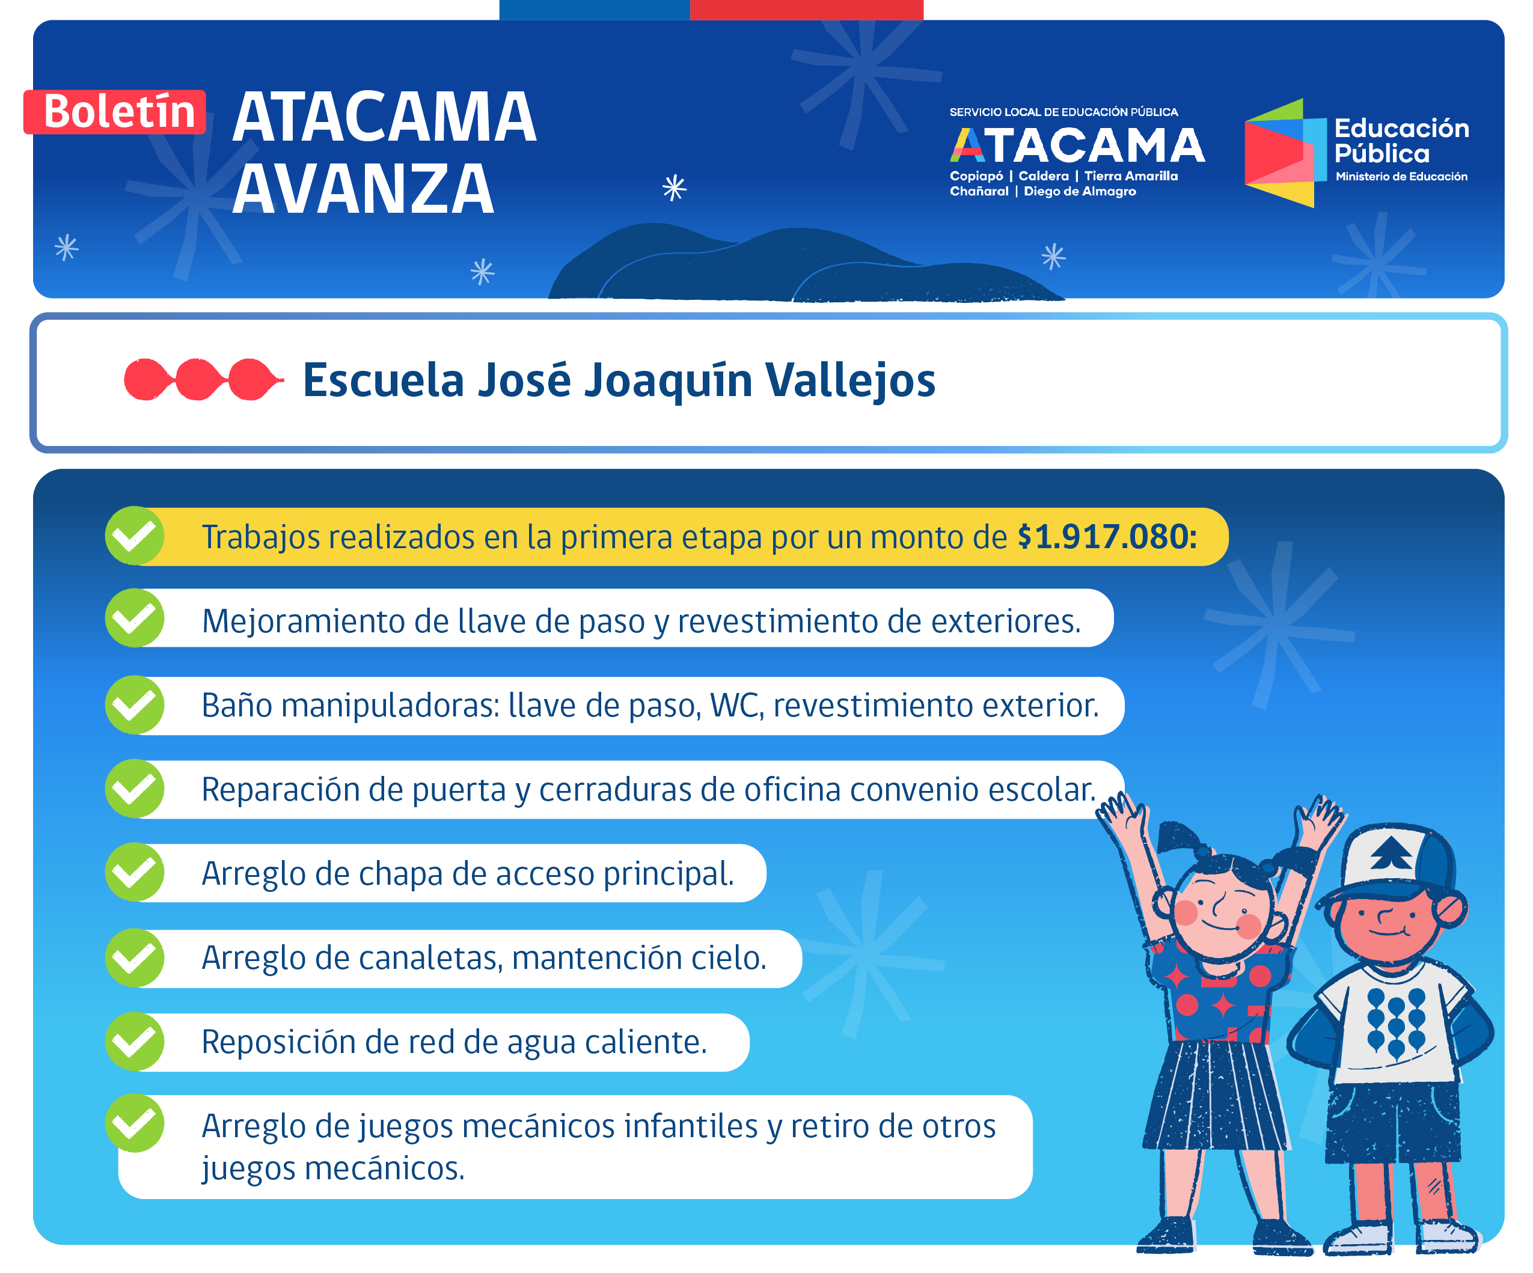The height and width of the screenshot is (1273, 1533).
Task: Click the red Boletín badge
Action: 115,112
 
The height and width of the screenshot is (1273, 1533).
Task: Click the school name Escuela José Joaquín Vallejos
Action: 619,380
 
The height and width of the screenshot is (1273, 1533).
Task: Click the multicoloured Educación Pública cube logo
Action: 1285,153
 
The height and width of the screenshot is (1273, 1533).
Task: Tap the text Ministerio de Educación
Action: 1401,177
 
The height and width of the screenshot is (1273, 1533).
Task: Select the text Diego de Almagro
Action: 1080,191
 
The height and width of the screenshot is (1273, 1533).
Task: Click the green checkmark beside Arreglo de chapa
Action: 134,872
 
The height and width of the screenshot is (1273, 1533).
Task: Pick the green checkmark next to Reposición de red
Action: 134,1042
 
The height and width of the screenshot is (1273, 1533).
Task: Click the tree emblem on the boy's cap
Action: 1391,851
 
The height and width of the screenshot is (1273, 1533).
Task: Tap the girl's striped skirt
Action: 1215,1095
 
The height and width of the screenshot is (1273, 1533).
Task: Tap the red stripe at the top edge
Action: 807,10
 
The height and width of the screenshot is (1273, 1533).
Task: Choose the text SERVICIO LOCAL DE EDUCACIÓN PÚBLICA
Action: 1063,112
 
